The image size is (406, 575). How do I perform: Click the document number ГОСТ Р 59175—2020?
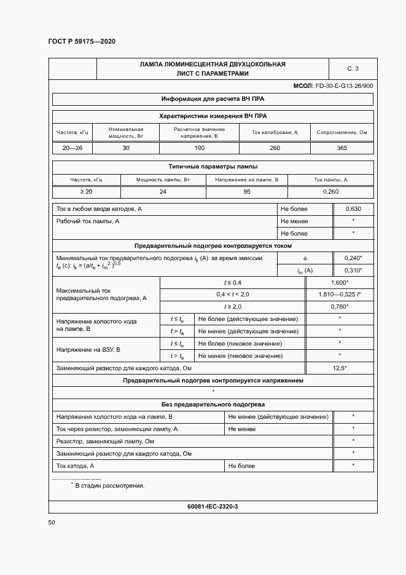[82, 41]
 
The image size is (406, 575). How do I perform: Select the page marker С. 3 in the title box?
[353, 68]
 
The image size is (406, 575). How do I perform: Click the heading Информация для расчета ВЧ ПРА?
[213, 98]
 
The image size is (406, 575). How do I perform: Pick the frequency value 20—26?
[72, 148]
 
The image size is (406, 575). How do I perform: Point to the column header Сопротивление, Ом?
[342, 132]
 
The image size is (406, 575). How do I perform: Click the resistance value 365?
[342, 148]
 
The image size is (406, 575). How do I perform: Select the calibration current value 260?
[274, 148]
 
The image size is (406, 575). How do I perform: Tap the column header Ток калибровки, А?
[274, 132]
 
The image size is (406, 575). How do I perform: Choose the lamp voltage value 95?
[246, 192]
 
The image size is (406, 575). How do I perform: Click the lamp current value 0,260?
[330, 192]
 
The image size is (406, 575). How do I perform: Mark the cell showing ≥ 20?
[86, 192]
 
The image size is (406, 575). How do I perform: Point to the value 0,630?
[353, 209]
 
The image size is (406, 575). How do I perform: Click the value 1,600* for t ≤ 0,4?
[339, 282]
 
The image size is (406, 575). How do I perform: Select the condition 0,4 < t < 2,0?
[233, 295]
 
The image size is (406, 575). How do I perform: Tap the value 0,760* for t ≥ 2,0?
[339, 306]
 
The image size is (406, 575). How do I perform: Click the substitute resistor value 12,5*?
[339, 367]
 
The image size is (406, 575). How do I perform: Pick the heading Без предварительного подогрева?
[213, 405]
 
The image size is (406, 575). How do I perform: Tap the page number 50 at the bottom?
[52, 522]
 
